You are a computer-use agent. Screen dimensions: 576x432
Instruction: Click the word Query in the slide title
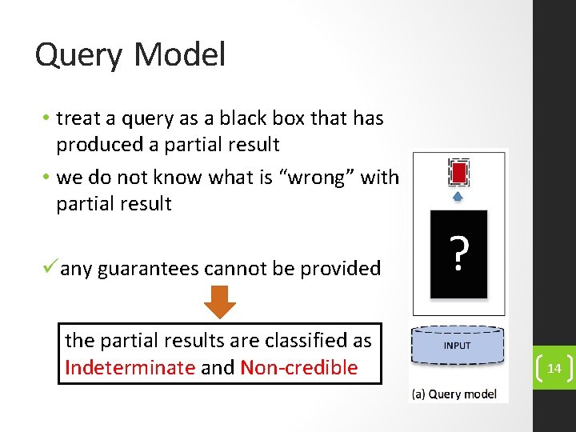(78, 56)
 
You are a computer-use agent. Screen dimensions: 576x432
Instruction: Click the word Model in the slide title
(180, 54)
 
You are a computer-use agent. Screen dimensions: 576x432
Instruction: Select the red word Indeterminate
(130, 368)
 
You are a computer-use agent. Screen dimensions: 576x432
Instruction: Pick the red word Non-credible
(298, 368)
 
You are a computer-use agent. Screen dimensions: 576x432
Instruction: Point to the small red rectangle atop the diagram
(458, 172)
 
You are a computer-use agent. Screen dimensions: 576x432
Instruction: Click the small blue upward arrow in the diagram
(458, 196)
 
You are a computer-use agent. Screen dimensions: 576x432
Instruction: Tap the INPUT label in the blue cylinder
(458, 346)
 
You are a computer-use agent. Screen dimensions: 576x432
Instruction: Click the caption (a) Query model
(454, 394)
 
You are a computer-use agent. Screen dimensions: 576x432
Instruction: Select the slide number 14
(554, 369)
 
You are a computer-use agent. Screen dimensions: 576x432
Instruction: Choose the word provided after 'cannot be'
(341, 269)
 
